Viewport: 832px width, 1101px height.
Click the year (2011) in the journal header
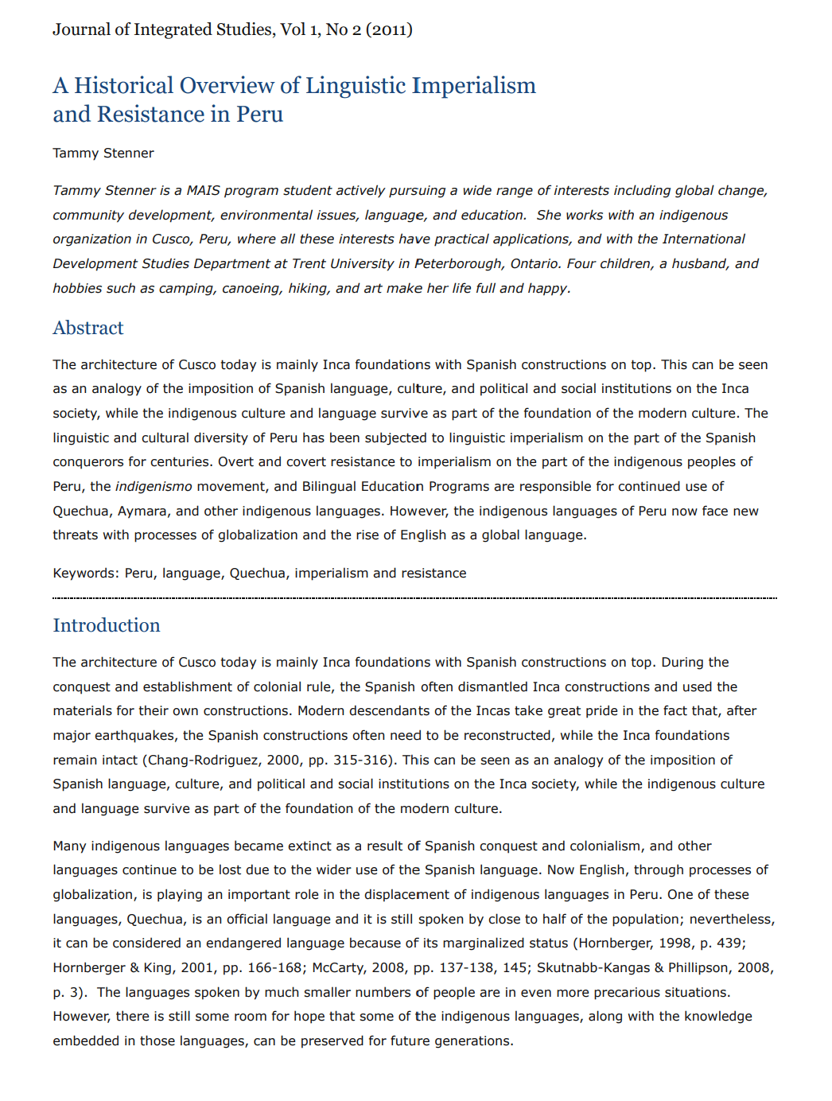[x=389, y=30]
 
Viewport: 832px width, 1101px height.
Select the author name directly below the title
[x=103, y=153]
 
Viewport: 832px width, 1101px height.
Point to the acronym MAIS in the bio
[x=203, y=191]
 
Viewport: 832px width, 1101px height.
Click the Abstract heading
[x=88, y=328]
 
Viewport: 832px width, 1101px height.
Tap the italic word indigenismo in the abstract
[x=154, y=486]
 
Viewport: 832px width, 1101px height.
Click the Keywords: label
[x=86, y=573]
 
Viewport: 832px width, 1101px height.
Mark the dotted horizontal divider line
[x=414, y=597]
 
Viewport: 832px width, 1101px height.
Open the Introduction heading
[x=107, y=625]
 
